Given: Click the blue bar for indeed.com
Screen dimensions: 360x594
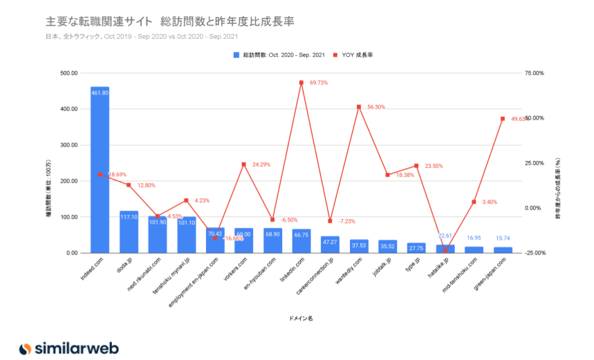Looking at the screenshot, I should (100, 173).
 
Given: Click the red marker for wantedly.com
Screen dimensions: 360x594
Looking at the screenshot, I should (359, 107).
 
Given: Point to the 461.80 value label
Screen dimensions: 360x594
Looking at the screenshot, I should (100, 93).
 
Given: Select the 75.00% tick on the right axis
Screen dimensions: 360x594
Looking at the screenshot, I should (535, 73).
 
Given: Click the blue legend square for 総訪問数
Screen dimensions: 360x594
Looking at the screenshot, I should (236, 55).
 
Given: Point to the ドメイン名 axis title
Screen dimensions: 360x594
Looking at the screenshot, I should (301, 319).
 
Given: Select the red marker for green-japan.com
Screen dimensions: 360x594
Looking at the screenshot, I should (503, 119).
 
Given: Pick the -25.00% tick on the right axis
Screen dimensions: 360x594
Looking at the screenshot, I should (535, 253).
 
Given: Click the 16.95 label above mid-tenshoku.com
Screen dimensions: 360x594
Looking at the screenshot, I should (474, 238).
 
